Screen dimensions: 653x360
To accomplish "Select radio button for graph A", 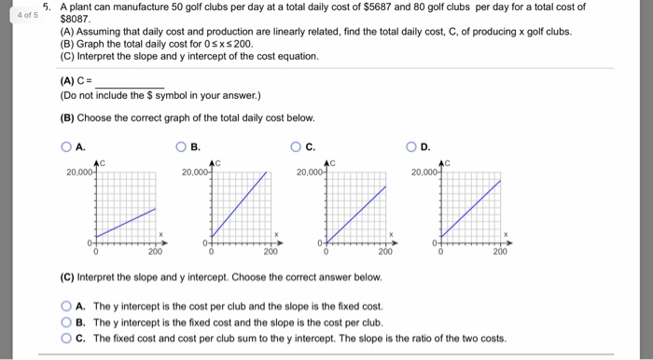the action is click(x=66, y=146).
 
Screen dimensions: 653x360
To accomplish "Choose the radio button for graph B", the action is click(x=182, y=146).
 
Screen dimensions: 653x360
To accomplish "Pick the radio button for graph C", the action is click(x=297, y=146).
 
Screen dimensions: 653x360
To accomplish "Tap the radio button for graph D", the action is click(x=411, y=146).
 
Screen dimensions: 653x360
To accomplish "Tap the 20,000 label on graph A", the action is click(x=78, y=173).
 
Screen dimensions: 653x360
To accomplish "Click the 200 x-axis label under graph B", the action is click(x=270, y=252).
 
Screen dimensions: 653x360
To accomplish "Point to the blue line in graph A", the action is click(x=126, y=221).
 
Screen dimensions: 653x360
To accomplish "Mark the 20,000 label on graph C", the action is click(x=309, y=173).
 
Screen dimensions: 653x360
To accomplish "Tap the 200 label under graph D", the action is click(x=500, y=252).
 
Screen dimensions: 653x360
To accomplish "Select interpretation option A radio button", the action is click(x=66, y=306).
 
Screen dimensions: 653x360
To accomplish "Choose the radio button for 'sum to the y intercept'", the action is click(x=66, y=338).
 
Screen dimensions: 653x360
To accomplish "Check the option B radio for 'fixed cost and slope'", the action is click(x=66, y=322).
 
